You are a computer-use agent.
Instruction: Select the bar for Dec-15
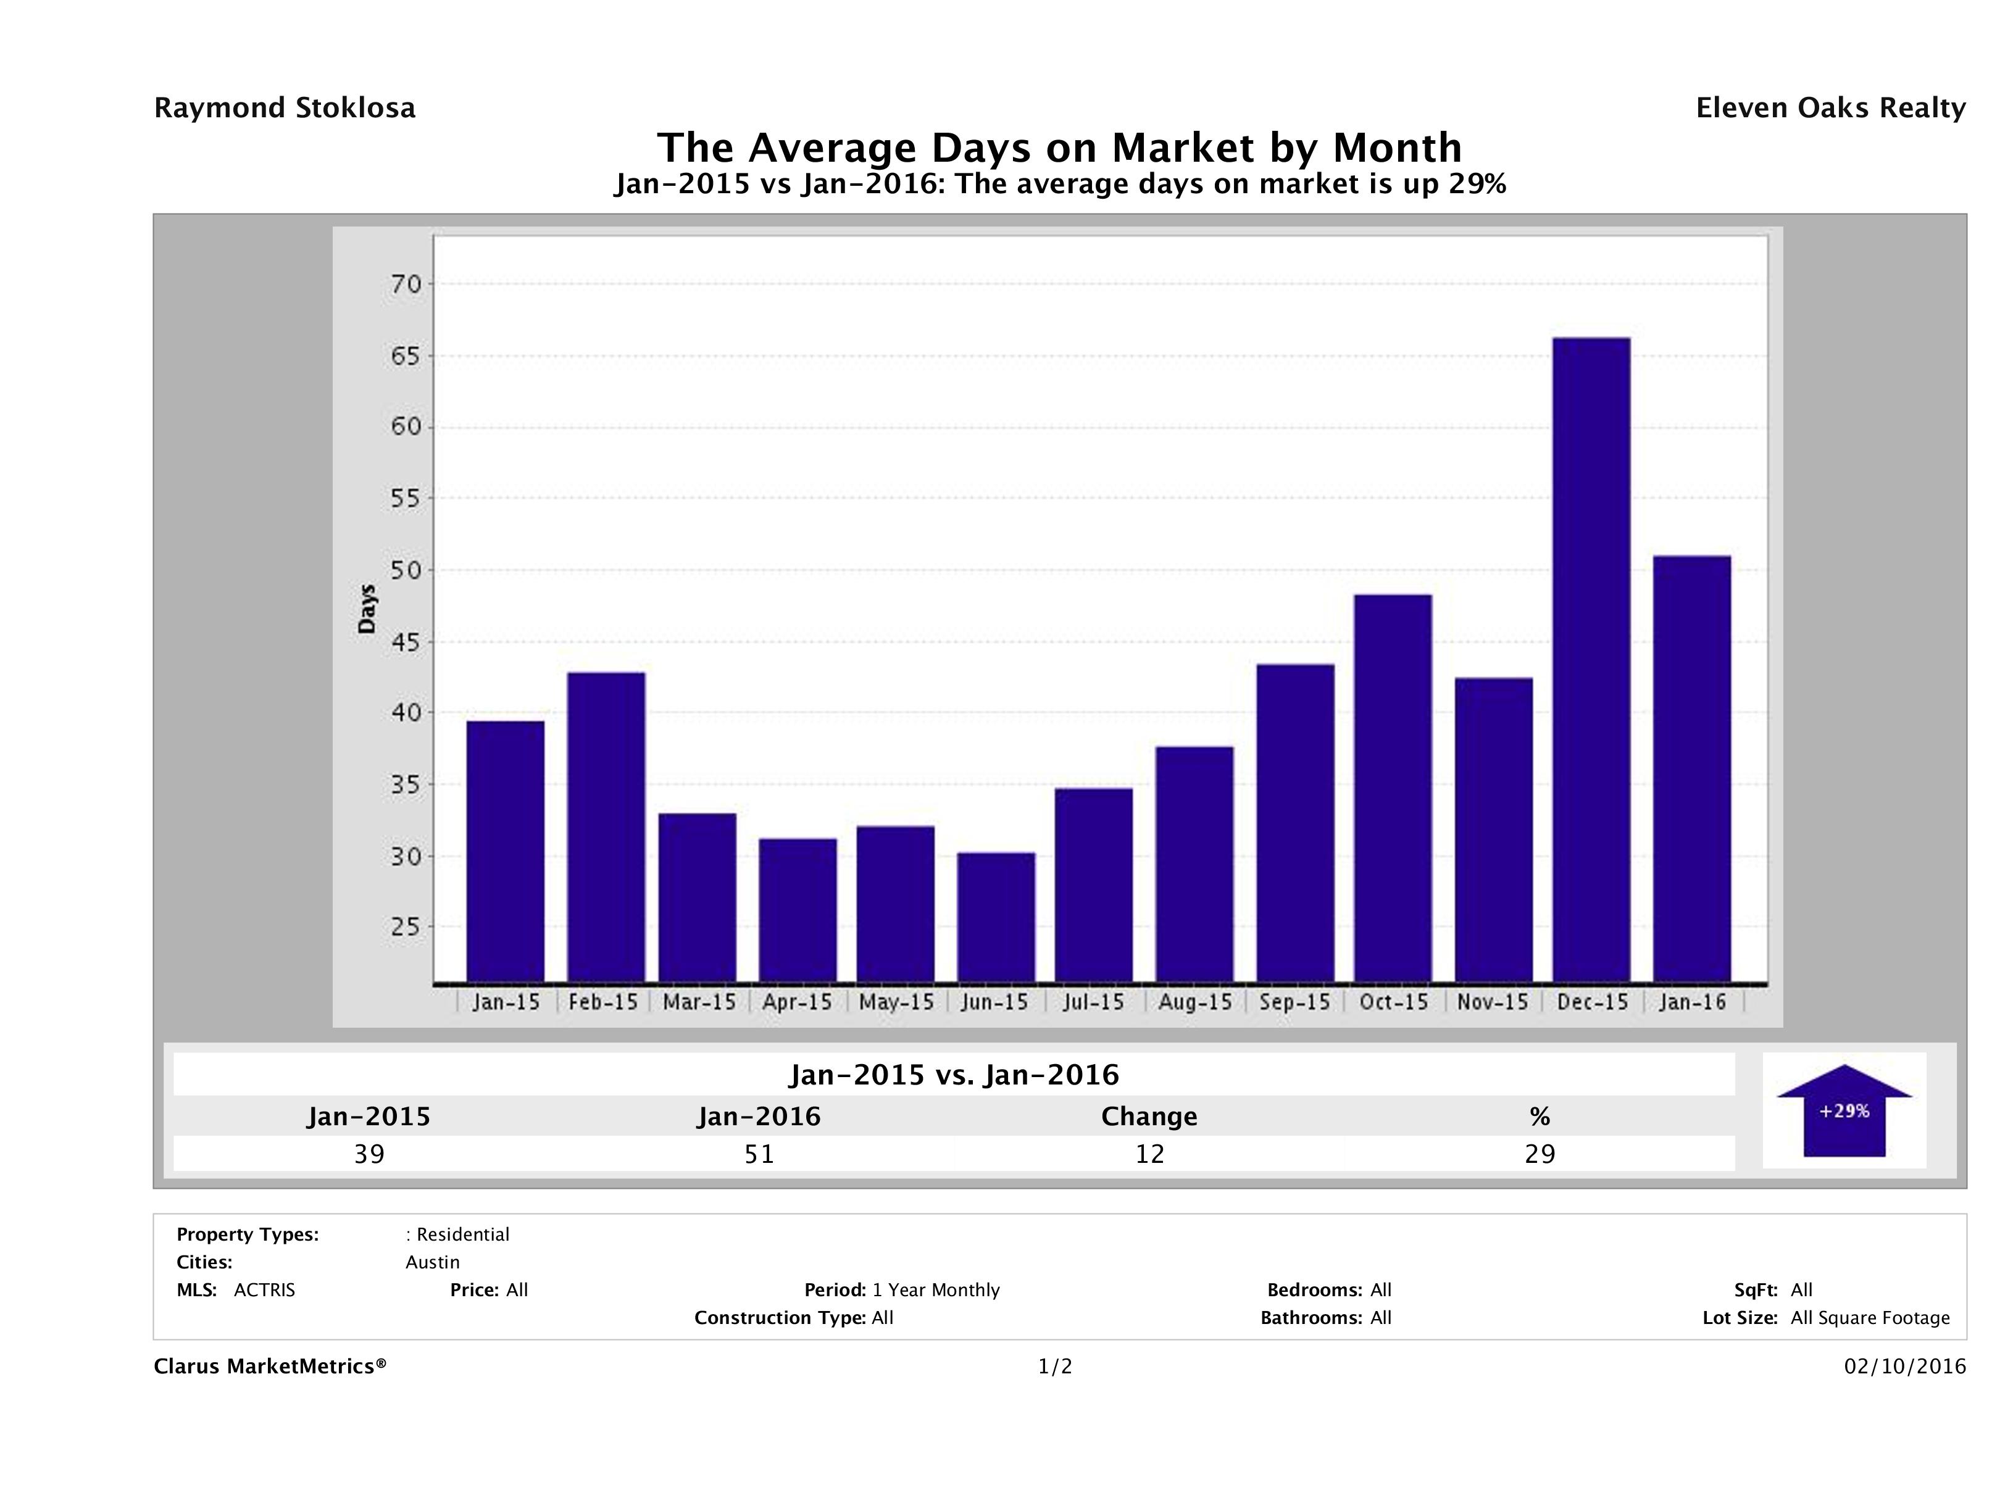point(1591,659)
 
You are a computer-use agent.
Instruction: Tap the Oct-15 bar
point(1392,788)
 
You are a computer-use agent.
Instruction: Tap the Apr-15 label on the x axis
point(797,1002)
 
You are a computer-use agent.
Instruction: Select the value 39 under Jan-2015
point(369,1154)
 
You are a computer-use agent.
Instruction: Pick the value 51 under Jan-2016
point(759,1154)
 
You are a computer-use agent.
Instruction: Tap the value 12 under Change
point(1149,1154)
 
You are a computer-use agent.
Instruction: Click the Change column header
point(1149,1117)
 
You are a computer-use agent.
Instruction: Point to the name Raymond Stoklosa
point(285,108)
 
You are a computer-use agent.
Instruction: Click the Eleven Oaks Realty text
point(1830,108)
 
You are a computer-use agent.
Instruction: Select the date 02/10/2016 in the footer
point(1904,1367)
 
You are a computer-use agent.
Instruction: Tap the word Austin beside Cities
point(432,1262)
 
